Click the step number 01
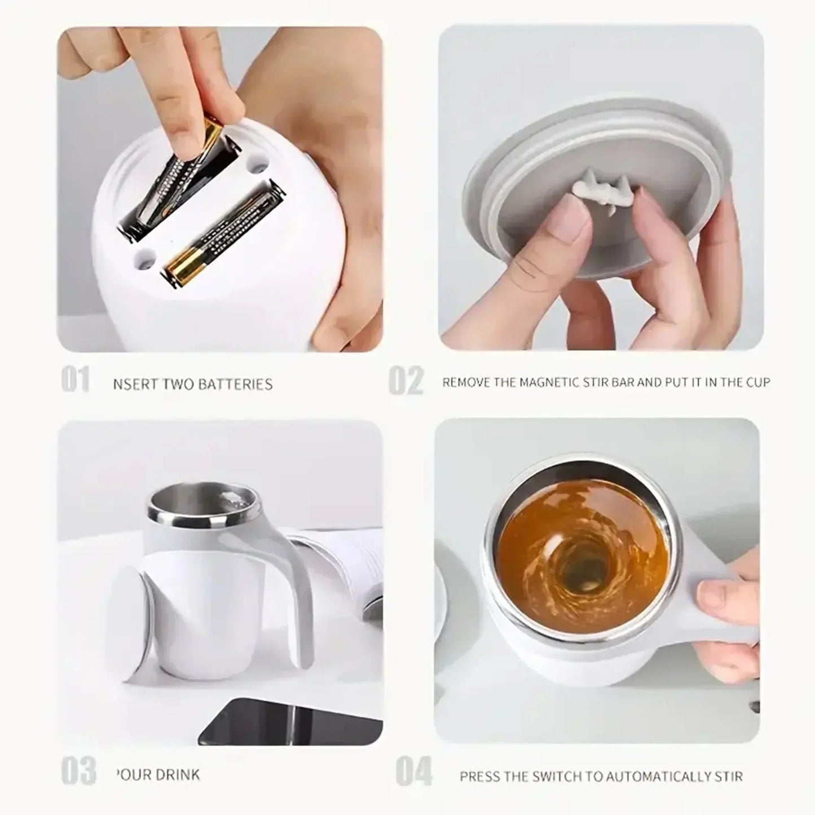pos(76,379)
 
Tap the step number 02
pos(406,381)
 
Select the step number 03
pos(78,771)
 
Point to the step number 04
pos(413,772)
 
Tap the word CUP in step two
pos(757,382)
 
